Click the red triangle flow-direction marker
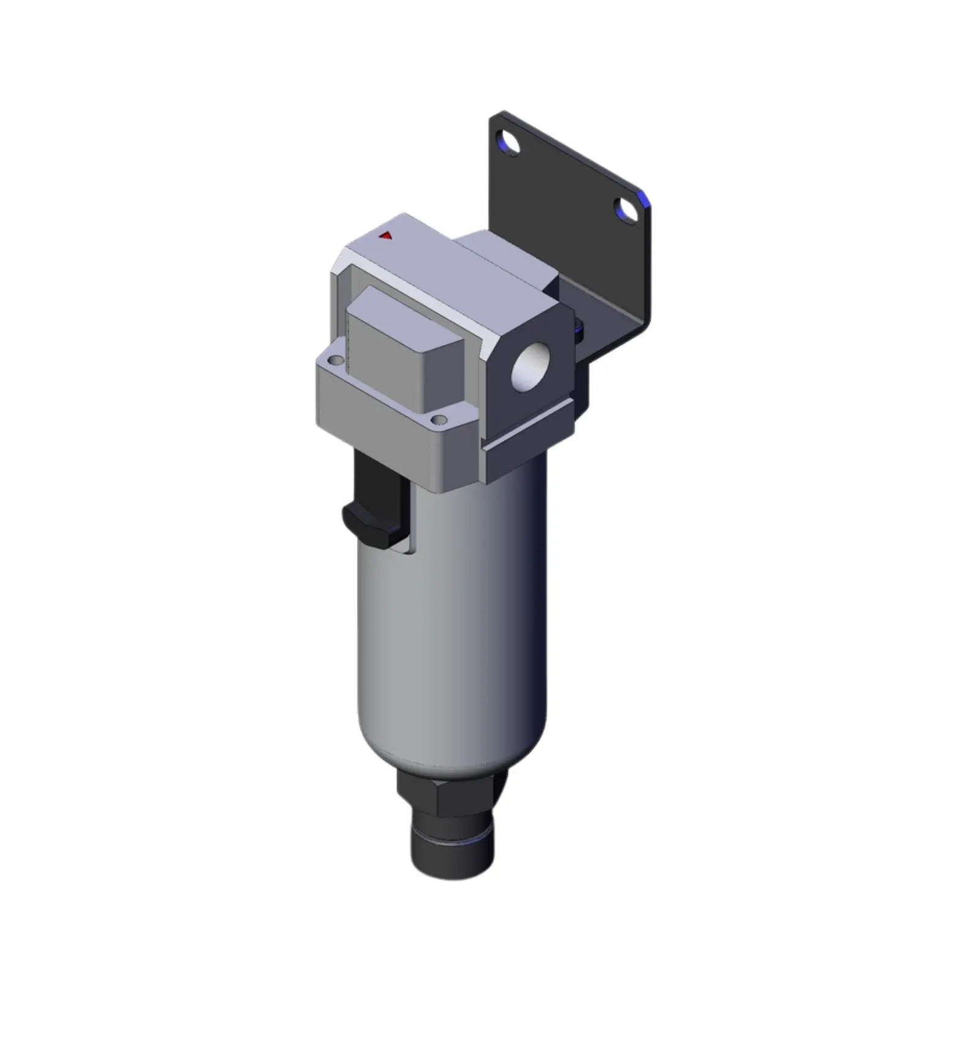385,235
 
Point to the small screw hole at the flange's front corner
439,420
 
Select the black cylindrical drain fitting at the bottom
452,848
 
